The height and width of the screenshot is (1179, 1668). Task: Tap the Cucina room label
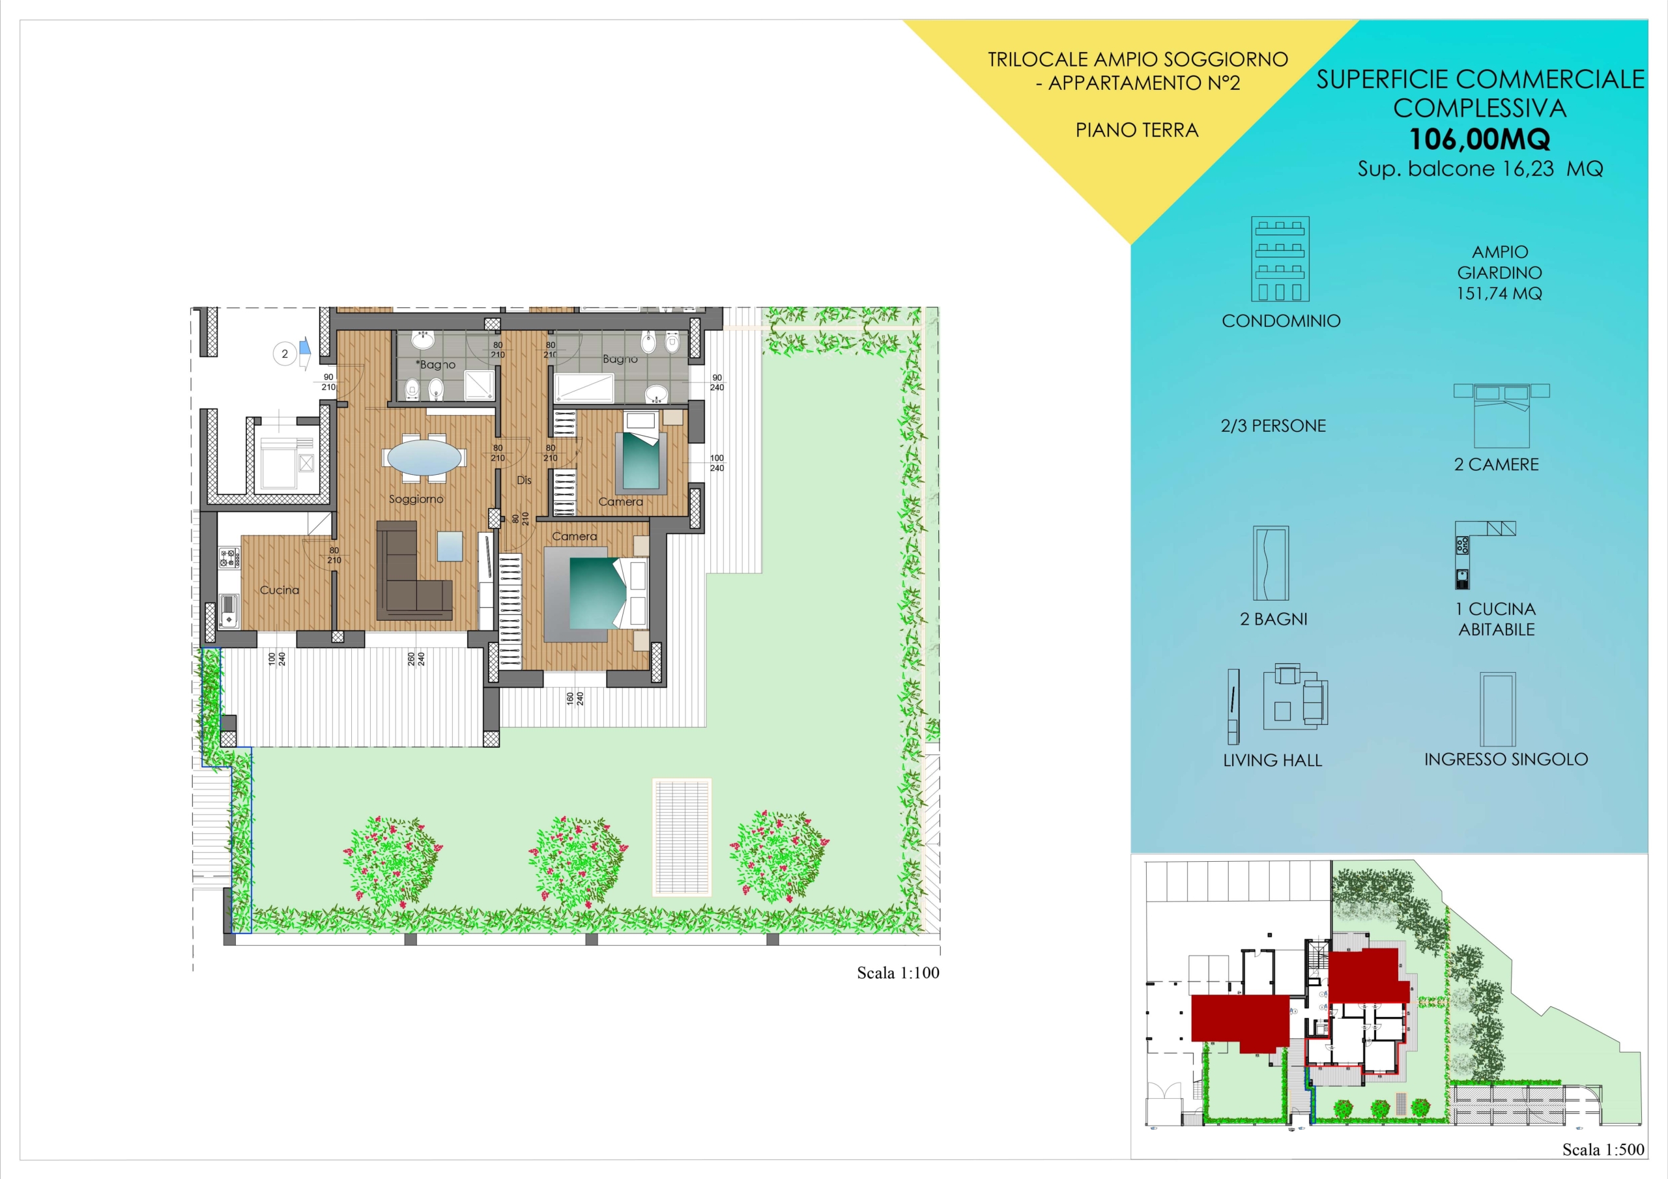280,590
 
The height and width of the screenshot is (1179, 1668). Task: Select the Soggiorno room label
416,499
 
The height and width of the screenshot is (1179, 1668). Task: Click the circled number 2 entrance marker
285,354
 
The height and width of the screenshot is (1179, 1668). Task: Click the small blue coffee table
450,547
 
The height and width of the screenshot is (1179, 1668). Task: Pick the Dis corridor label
524,480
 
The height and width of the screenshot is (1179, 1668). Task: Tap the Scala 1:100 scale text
898,973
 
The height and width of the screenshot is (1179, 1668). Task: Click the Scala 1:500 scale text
1603,1149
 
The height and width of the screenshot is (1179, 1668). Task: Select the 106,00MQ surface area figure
1480,139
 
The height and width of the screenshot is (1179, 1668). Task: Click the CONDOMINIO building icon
1280,259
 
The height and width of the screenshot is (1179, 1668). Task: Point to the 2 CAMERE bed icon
1502,416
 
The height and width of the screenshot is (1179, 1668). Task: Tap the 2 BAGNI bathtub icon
1271,563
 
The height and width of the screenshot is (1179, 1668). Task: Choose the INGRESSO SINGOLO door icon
1498,709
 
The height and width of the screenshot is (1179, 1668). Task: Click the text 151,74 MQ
1499,294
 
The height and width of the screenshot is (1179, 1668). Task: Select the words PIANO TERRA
1137,130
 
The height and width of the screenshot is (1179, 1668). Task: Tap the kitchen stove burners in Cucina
229,558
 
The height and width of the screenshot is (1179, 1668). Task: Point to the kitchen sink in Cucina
229,610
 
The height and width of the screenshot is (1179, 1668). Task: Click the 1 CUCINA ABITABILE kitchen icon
1485,555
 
